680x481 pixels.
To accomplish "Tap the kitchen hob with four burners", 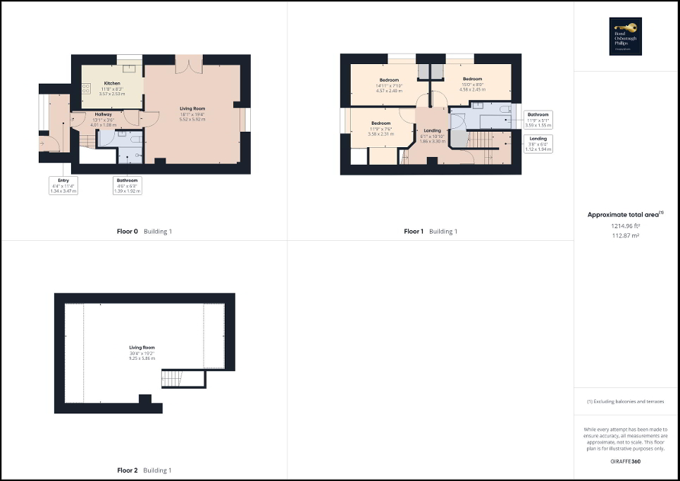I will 85,89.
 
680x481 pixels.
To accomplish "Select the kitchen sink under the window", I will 130,68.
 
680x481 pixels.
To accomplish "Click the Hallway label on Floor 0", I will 104,114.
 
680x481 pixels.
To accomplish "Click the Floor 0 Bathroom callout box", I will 128,185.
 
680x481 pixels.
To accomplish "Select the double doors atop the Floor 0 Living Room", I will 189,65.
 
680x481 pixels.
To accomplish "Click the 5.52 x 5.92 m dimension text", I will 192,119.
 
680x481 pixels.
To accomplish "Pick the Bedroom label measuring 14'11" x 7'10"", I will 389,80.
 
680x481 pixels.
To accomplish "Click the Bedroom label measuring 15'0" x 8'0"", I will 472,79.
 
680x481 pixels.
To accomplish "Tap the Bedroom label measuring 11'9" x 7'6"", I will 381,123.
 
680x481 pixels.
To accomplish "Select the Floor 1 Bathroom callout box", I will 538,119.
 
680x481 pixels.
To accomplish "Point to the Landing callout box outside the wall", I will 538,144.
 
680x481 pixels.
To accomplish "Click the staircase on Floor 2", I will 173,379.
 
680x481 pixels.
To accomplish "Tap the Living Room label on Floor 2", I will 142,347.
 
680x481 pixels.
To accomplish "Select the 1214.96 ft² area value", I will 625,226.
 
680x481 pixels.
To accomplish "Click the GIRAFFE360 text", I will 625,461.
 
